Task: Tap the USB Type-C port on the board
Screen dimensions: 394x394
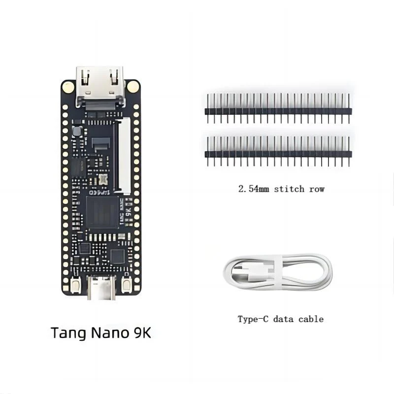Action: pyautogui.click(x=101, y=288)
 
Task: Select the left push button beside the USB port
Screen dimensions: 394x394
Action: pyautogui.click(x=76, y=285)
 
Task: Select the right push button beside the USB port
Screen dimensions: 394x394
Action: pyautogui.click(x=127, y=285)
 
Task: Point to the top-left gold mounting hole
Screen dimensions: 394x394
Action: pyautogui.click(x=68, y=87)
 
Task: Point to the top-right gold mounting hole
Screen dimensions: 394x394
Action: pyautogui.click(x=132, y=87)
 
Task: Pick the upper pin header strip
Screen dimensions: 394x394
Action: pyautogui.click(x=278, y=109)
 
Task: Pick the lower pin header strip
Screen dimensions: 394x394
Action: pyautogui.click(x=278, y=152)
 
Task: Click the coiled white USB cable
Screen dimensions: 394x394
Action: pyautogui.click(x=278, y=272)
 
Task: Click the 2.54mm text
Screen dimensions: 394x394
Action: pyautogui.click(x=254, y=189)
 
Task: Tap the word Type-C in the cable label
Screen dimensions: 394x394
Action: pyautogui.click(x=253, y=319)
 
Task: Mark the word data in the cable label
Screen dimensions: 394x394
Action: pyautogui.click(x=285, y=319)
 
